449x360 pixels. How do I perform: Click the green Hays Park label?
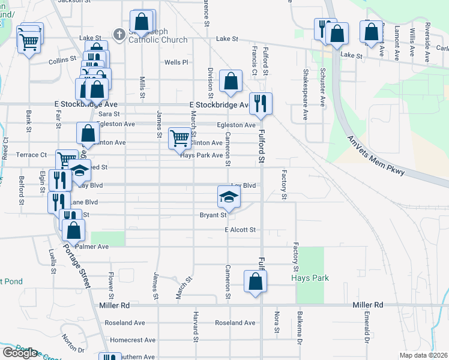(309, 278)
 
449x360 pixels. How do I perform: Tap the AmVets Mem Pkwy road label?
(377, 157)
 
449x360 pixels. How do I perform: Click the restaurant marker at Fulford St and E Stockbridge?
(261, 103)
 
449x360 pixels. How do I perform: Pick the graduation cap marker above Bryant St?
(228, 196)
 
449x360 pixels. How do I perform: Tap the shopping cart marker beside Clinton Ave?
(179, 139)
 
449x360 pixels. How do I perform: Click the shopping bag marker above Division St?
(231, 82)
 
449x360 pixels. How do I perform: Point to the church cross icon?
(119, 35)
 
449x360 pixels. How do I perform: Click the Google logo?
(19, 353)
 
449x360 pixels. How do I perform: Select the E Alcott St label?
(240, 230)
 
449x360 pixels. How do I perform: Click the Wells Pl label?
(176, 62)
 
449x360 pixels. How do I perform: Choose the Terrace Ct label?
(31, 155)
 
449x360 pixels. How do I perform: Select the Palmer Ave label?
(92, 247)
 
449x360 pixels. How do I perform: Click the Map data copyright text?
(423, 355)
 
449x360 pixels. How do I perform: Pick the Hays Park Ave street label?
(202, 155)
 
